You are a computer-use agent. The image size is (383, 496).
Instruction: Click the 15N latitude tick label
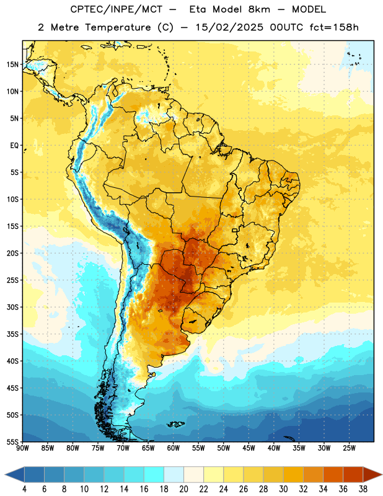12,64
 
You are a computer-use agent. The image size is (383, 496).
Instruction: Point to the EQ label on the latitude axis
14,146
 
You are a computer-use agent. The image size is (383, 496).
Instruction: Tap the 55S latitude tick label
12,441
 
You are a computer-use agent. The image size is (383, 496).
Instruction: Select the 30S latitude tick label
12,307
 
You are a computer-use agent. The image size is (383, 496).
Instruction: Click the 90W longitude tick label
22,448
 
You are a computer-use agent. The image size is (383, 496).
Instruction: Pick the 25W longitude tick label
349,448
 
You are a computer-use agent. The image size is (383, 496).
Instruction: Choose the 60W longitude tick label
174,448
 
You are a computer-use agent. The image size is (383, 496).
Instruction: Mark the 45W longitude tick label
249,448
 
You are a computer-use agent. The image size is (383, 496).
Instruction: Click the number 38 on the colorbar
363,489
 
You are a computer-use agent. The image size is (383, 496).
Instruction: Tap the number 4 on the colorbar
24,489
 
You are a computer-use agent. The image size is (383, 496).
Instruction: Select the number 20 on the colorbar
183,489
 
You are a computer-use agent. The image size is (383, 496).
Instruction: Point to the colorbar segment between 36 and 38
353,474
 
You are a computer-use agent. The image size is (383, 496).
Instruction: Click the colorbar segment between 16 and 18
154,474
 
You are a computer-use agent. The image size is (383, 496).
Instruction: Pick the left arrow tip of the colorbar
5,474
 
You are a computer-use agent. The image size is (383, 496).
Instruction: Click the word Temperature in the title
118,27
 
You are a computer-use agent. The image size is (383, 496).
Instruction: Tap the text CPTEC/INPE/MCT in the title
116,9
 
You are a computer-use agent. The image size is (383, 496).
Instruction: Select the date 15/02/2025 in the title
229,27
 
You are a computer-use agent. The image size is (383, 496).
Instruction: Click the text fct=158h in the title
334,27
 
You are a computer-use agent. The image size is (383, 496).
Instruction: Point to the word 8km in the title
259,9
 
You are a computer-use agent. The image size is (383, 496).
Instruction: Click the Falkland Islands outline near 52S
175,424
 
